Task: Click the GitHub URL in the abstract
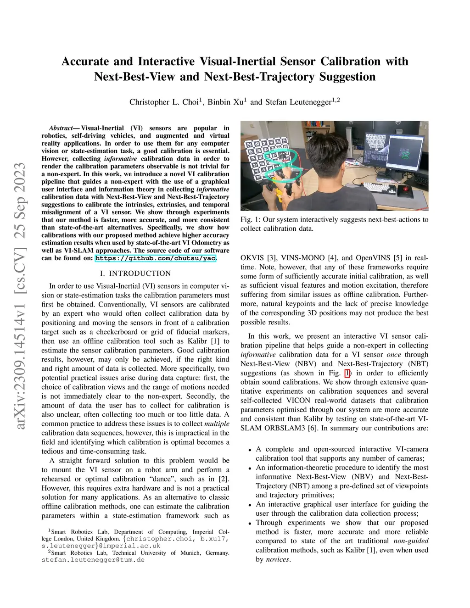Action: click(155, 258)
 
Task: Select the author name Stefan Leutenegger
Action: click(298, 102)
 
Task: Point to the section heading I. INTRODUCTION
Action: click(135, 273)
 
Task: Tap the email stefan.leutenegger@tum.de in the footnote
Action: click(93, 560)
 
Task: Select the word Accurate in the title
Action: click(97, 61)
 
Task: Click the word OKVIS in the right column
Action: click(253, 258)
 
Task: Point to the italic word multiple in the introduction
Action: click(217, 424)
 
